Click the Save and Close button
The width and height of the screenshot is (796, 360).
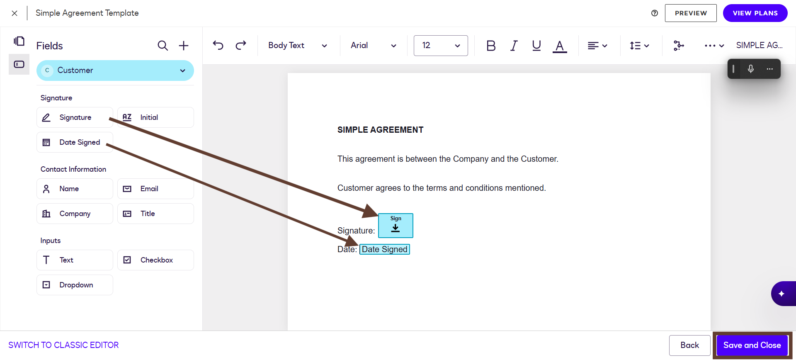[x=752, y=345]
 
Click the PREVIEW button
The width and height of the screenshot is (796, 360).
[x=691, y=13]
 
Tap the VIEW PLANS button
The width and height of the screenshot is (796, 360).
[x=755, y=13]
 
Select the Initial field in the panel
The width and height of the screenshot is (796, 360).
[x=155, y=117]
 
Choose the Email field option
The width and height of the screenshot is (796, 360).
[x=155, y=189]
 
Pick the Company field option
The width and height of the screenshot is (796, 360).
[x=75, y=214]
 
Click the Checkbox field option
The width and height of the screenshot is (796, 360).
[x=155, y=260]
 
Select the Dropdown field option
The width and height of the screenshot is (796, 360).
[x=75, y=285]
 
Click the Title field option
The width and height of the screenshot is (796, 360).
[x=155, y=214]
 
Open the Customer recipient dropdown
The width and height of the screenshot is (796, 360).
[x=115, y=71]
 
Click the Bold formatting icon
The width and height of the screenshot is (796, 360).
[x=491, y=46]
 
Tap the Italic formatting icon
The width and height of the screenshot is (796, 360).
[x=514, y=46]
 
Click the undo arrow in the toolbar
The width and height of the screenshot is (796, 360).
[x=218, y=45]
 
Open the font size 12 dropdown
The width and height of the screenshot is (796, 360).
[x=441, y=46]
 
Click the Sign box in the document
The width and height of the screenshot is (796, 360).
[x=396, y=226]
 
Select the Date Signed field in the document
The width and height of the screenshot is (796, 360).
[x=385, y=249]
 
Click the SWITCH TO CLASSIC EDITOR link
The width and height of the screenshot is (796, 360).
[x=63, y=345]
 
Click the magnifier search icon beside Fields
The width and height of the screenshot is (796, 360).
[x=163, y=46]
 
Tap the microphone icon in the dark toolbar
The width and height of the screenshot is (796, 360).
[x=751, y=69]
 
